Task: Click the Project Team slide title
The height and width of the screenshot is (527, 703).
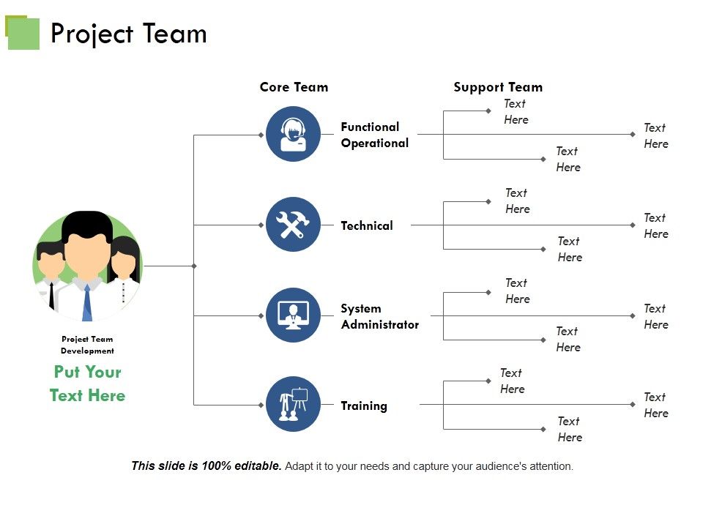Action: point(128,34)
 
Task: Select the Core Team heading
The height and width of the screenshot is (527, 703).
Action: point(294,87)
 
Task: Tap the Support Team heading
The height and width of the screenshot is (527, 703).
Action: point(498,87)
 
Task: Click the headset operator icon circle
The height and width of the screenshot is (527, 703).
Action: point(293,134)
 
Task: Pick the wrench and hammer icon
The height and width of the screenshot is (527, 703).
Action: point(293,225)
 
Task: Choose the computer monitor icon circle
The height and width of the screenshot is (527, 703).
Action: point(293,315)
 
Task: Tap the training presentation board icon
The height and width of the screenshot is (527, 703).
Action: point(293,404)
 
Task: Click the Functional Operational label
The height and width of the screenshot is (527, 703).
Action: point(374,135)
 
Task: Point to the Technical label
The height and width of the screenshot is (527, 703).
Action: point(366,225)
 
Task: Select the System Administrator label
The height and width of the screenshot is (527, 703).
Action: point(379,316)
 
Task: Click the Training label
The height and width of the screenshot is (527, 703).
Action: point(364,405)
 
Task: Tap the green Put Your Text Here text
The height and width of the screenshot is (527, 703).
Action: point(87,384)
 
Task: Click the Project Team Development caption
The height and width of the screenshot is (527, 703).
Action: point(87,345)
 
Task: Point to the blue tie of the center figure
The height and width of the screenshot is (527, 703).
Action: point(87,302)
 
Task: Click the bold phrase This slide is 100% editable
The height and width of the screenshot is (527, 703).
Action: point(206,466)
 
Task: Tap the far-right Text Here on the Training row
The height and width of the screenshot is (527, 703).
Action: point(655,405)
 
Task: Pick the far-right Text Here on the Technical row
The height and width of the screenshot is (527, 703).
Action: point(655,225)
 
